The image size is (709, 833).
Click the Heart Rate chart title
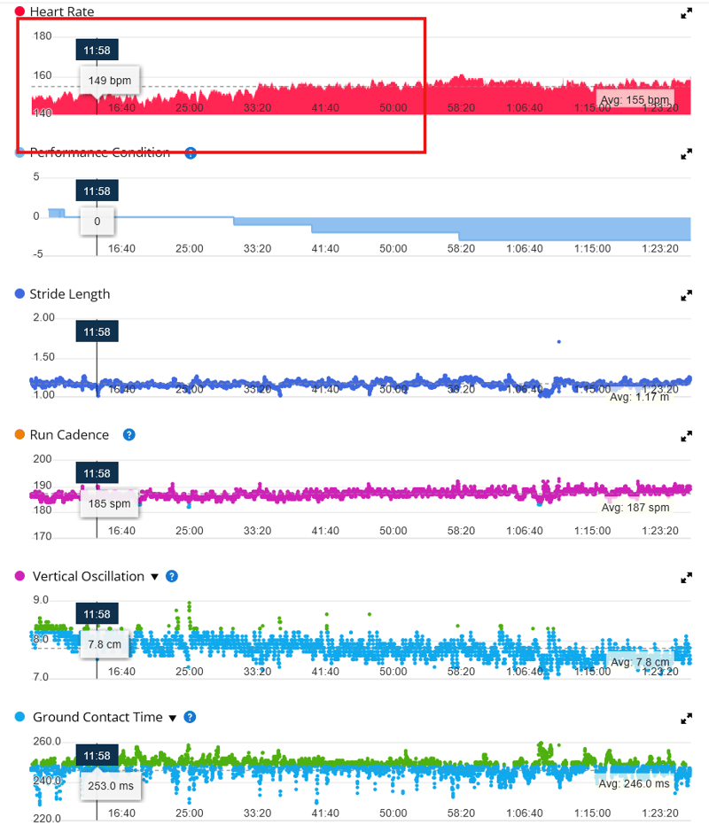[61, 12]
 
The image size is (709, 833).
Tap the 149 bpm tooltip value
[110, 81]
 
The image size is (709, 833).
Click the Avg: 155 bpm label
[635, 100]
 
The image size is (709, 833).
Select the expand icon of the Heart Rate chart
[686, 13]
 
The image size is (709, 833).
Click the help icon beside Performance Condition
[190, 153]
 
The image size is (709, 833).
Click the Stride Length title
[69, 294]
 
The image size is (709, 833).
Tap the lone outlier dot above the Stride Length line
[558, 341]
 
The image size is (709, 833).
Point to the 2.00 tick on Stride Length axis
[43, 317]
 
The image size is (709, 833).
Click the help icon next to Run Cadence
[129, 435]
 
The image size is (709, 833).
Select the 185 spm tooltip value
[110, 503]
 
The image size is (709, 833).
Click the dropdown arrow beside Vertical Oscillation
[154, 577]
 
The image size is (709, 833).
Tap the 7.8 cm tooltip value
[104, 644]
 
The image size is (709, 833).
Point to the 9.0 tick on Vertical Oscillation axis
[41, 600]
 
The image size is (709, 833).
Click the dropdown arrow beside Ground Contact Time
[173, 718]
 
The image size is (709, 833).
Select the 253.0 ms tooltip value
[110, 785]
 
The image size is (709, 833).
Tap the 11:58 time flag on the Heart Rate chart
[97, 51]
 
